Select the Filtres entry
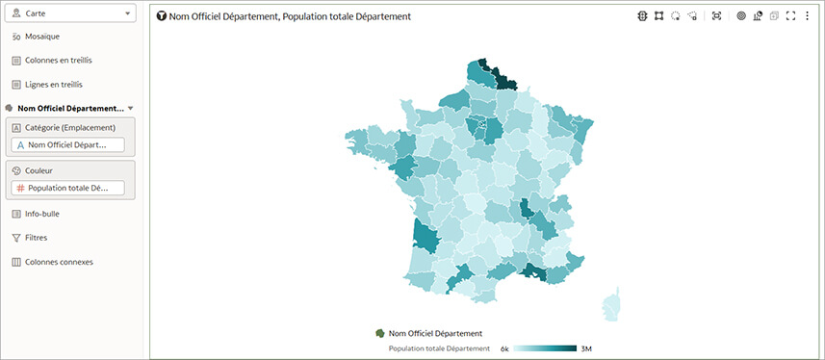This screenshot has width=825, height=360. pyautogui.click(x=37, y=238)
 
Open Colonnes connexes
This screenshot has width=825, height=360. pyautogui.click(x=59, y=262)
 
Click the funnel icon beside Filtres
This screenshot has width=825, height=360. pyautogui.click(x=16, y=238)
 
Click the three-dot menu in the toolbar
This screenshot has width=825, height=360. pyautogui.click(x=807, y=16)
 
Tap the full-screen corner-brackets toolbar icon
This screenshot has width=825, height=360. pyautogui.click(x=790, y=16)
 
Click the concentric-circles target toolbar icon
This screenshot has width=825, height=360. pyautogui.click(x=741, y=16)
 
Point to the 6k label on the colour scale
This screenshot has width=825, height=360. pyautogui.click(x=504, y=348)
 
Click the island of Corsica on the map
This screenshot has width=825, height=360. pyautogui.click(x=610, y=306)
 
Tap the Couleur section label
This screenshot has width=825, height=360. pyautogui.click(x=39, y=170)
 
